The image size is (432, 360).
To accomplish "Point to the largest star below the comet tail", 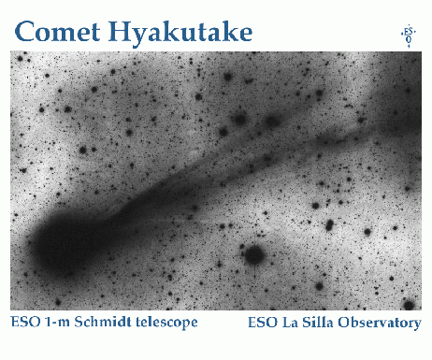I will click(252, 253).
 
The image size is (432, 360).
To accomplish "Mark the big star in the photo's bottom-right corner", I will click(409, 304).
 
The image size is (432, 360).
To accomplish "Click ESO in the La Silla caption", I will click(264, 324).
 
